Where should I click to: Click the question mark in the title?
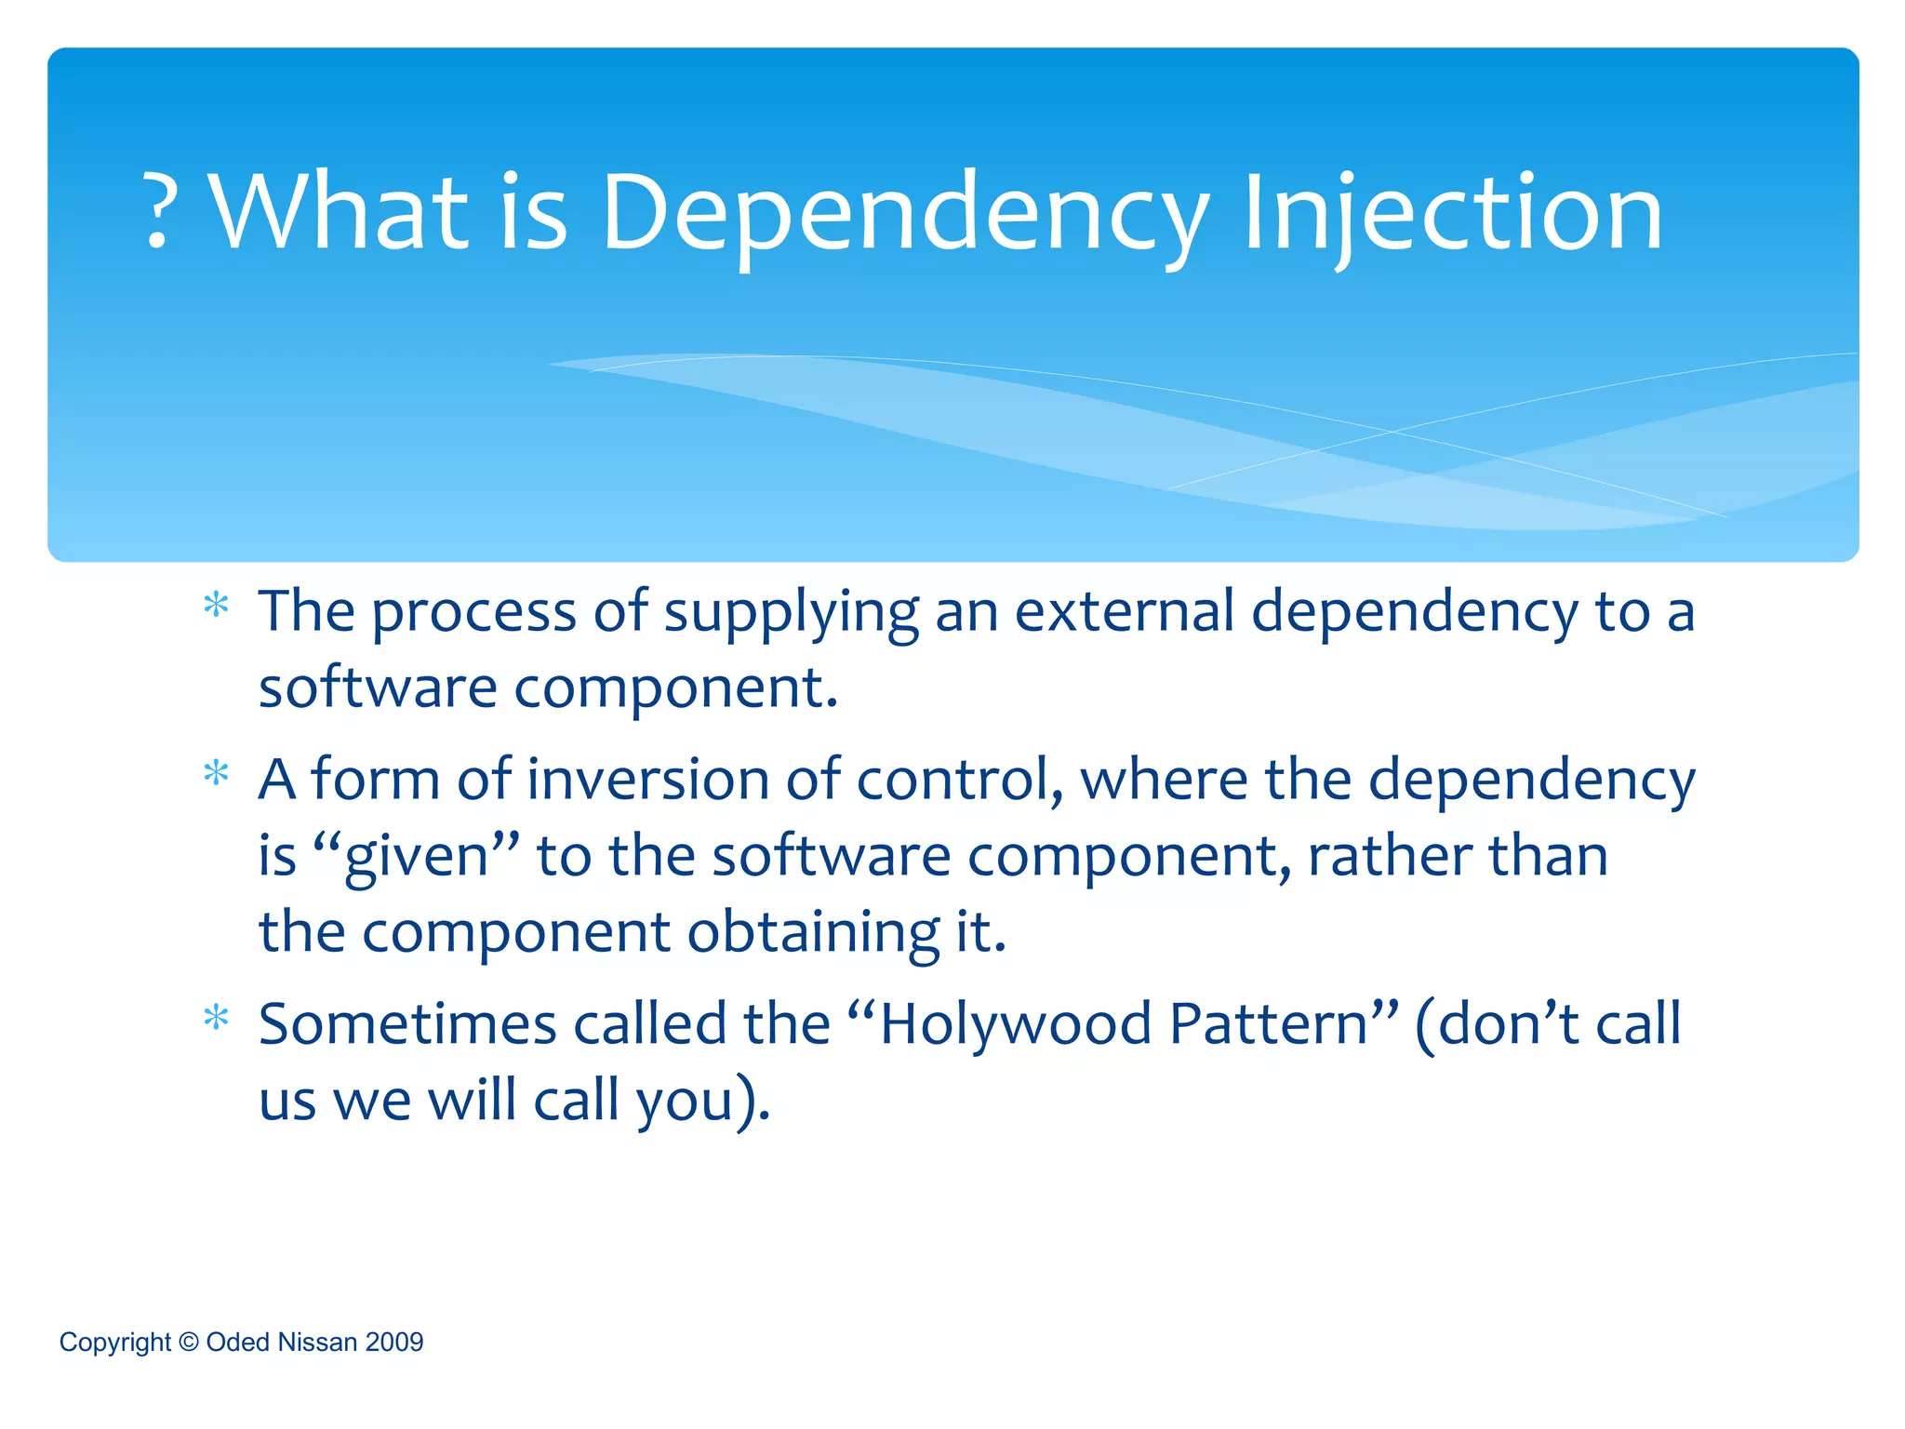159,212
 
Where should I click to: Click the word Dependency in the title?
905,214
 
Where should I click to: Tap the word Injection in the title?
1451,214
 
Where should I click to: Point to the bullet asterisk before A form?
216,774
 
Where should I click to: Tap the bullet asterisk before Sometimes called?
216,1019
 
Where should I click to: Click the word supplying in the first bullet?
791,614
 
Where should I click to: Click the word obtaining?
813,932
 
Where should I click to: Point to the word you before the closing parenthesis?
686,1102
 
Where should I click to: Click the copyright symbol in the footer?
189,1342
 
